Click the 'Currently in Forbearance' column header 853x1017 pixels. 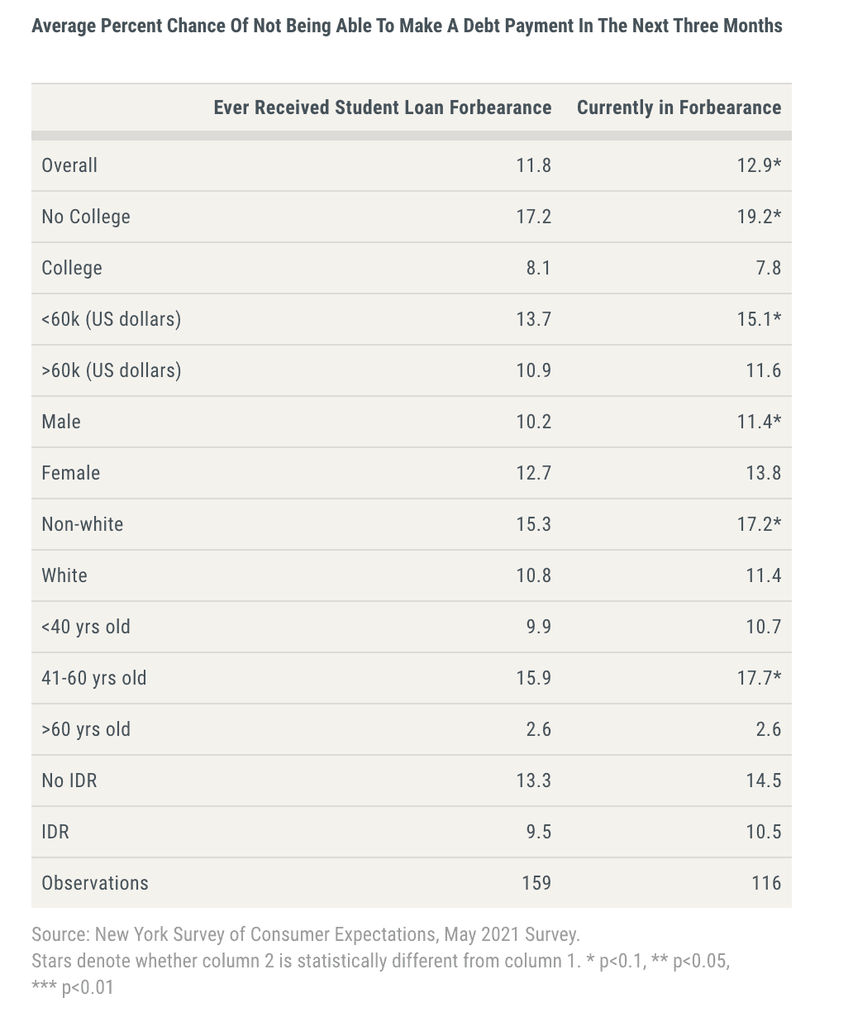pyautogui.click(x=679, y=107)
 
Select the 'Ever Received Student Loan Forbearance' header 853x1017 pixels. pyautogui.click(x=382, y=107)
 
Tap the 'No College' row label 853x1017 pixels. pyautogui.click(x=86, y=217)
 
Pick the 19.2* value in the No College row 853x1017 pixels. pyautogui.click(x=759, y=217)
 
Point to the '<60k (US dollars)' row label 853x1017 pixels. pyautogui.click(x=111, y=319)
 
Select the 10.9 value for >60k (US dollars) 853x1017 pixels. pyautogui.click(x=533, y=370)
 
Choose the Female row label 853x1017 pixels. pyautogui.click(x=71, y=473)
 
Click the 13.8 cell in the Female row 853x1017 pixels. pyautogui.click(x=763, y=473)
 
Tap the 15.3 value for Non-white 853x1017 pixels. pyautogui.click(x=533, y=524)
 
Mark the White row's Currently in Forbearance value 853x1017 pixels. pyautogui.click(x=763, y=575)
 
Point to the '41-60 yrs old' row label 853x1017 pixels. pyautogui.click(x=94, y=678)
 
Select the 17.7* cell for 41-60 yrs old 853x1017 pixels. pyautogui.click(x=759, y=678)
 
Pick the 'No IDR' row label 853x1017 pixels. pyautogui.click(x=69, y=781)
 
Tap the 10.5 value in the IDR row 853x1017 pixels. pyautogui.click(x=763, y=832)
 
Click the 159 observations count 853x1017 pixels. pyautogui.click(x=536, y=883)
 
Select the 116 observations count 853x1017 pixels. pyautogui.click(x=766, y=883)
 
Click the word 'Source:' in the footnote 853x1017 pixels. pyautogui.click(x=60, y=934)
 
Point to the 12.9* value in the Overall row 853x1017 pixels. pyautogui.click(x=759, y=165)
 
